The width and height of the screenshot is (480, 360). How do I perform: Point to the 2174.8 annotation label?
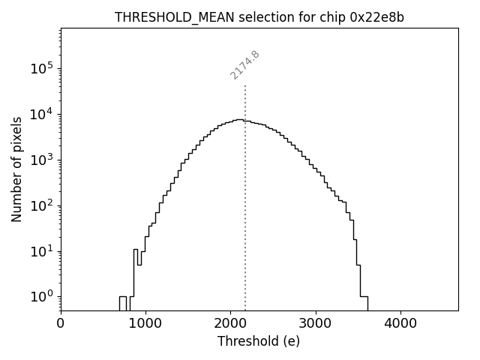[x=244, y=64]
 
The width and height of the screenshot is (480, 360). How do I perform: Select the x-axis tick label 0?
[x=61, y=324]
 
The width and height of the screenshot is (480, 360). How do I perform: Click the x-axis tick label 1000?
[x=145, y=324]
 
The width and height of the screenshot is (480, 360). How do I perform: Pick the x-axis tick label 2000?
[x=230, y=324]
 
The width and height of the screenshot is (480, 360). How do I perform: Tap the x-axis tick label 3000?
[x=316, y=324]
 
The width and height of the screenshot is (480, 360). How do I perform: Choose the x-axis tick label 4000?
[x=400, y=324]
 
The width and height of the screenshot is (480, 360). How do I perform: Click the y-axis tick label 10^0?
[x=41, y=296]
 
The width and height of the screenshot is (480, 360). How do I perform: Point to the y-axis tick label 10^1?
[x=41, y=250]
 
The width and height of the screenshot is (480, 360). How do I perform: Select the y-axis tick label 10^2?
[x=41, y=205]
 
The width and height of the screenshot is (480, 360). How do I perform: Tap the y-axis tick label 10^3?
[x=41, y=160]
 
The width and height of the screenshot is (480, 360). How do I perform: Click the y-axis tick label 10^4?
[x=41, y=114]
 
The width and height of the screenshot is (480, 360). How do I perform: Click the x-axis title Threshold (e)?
[x=259, y=341]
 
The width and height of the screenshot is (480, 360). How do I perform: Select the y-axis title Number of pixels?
[x=16, y=169]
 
